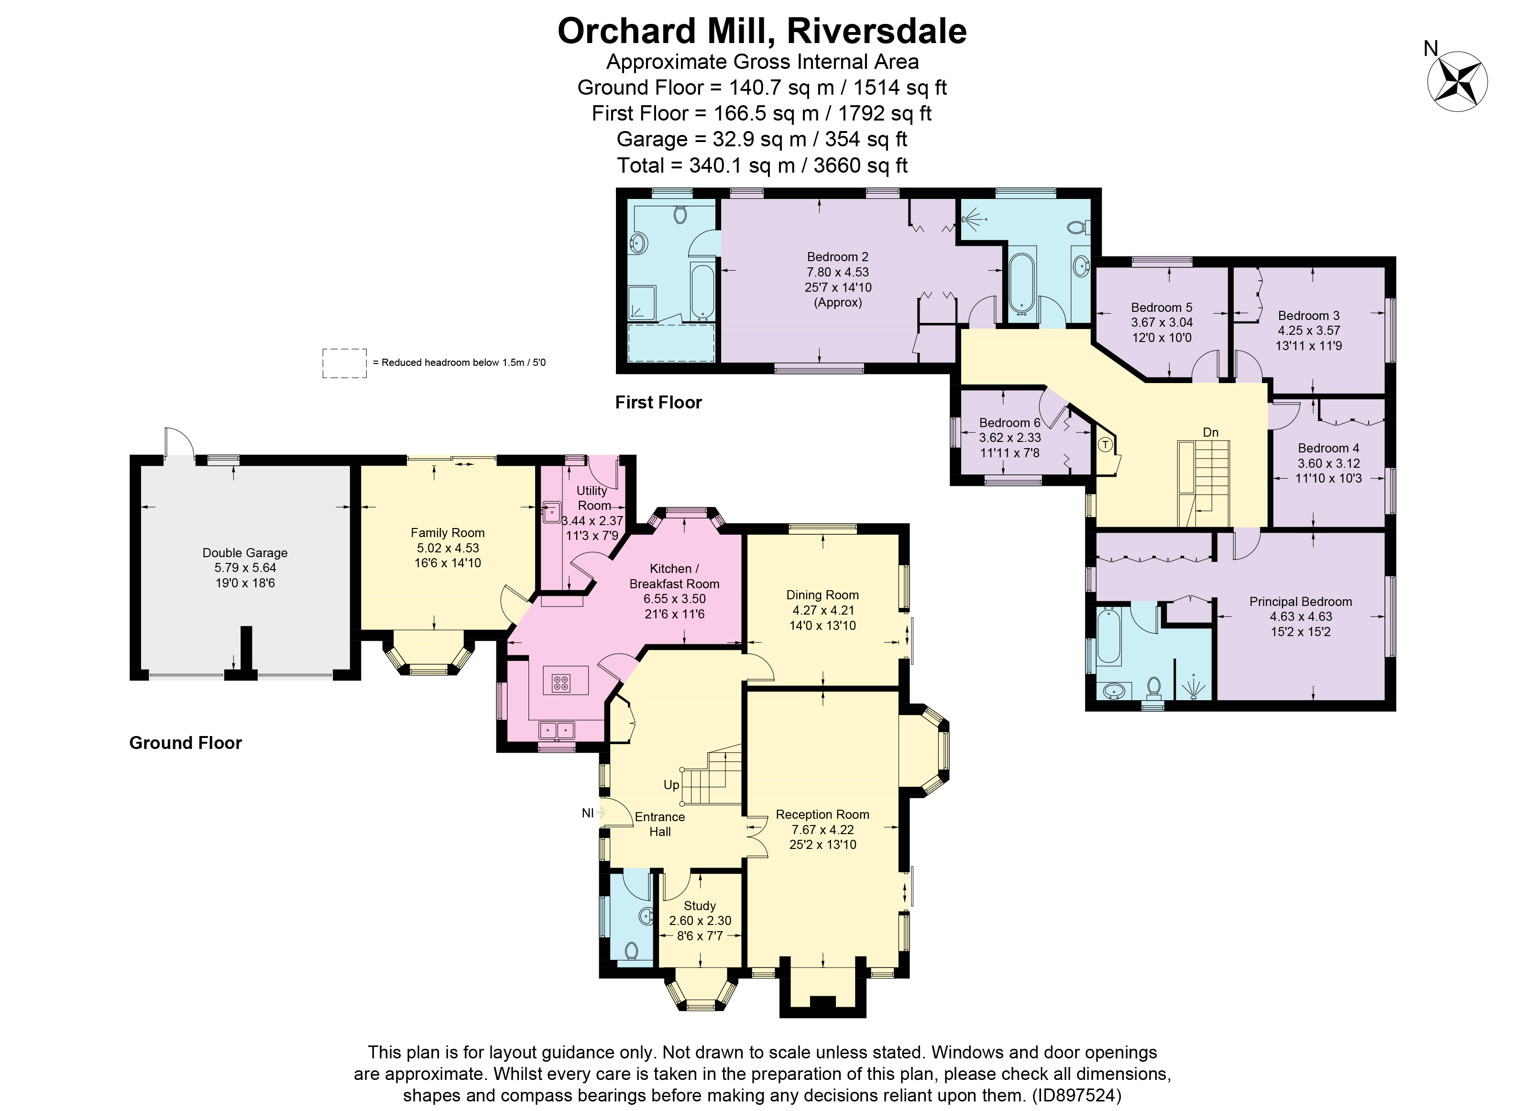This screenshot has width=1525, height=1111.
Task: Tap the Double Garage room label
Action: coord(245,553)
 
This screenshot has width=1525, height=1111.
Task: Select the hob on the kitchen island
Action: coord(561,683)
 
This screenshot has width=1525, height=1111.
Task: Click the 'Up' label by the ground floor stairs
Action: coord(671,785)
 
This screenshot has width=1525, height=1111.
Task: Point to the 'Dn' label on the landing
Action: coord(1210,432)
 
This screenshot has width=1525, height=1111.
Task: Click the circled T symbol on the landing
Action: coord(1105,444)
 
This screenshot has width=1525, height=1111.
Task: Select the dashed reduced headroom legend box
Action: coord(344,363)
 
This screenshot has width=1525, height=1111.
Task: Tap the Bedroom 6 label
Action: coord(1009,423)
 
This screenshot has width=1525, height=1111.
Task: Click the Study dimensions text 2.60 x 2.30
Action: coord(700,921)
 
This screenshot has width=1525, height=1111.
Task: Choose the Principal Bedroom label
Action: coord(1300,602)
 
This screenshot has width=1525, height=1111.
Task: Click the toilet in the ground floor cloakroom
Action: coord(631,951)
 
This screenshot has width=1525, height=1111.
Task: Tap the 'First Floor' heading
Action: coord(658,402)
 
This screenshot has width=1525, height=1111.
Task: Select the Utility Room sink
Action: coord(551,513)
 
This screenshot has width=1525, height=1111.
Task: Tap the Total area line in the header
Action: coord(762,165)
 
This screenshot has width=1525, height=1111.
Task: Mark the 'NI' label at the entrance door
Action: coord(588,813)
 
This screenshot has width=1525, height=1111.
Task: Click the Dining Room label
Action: coord(823,595)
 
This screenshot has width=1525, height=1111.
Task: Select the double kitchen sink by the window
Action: coord(556,730)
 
